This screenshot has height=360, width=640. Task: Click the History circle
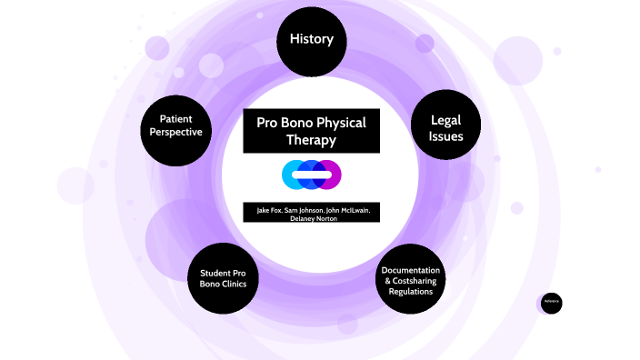tap(312, 41)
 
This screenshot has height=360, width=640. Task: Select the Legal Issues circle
tap(446, 128)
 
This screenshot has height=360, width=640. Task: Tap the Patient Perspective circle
tap(180, 125)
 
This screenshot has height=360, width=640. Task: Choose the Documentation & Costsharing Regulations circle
tap(410, 280)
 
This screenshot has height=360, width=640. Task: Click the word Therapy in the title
tap(311, 141)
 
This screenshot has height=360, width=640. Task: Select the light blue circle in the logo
tap(292, 173)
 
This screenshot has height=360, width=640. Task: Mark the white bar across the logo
tap(311, 174)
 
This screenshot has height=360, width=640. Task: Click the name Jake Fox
tap(268, 211)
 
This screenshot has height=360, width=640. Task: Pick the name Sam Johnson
tap(305, 211)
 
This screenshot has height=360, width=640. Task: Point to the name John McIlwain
tap(348, 211)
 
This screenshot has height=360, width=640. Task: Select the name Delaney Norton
tap(311, 220)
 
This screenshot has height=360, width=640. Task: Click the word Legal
tap(446, 119)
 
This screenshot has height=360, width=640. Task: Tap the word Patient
tap(180, 118)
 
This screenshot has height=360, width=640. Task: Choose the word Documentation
tap(411, 271)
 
